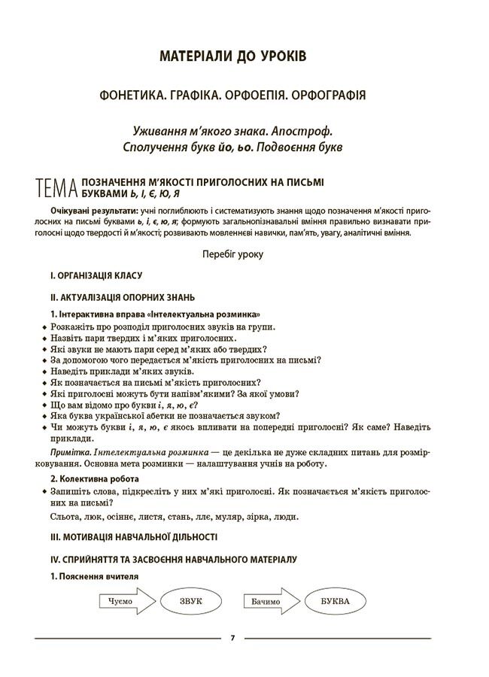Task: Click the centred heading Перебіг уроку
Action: (233, 254)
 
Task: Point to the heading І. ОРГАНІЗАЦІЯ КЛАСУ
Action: (96, 276)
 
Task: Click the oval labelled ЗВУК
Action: (191, 601)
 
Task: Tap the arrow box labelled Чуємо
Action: (123, 602)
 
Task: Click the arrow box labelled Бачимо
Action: (269, 602)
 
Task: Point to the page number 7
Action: (233, 639)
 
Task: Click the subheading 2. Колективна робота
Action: (95, 478)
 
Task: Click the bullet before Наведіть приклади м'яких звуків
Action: (45, 372)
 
